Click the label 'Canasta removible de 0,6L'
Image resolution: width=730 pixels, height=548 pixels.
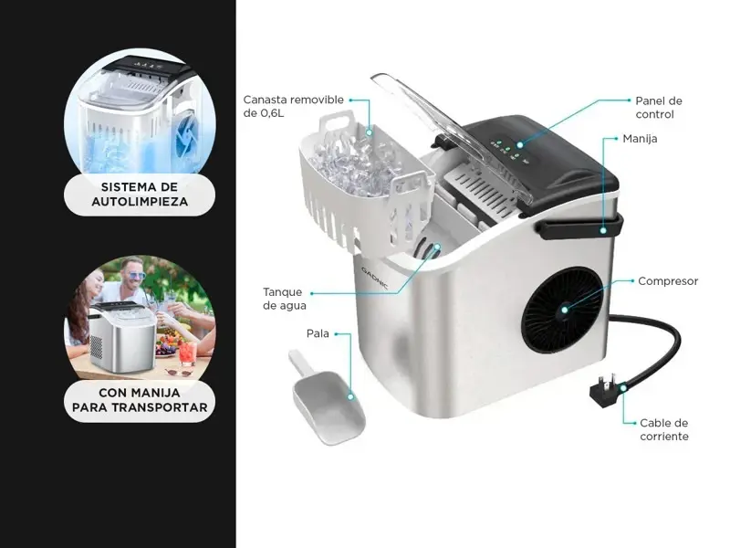pyautogui.click(x=293, y=106)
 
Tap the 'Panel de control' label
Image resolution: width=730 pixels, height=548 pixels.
pyautogui.click(x=658, y=108)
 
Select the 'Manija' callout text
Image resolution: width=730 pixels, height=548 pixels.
pyautogui.click(x=641, y=139)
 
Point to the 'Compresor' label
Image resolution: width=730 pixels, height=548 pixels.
pyautogui.click(x=668, y=281)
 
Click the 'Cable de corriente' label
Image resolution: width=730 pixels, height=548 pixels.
pyautogui.click(x=664, y=429)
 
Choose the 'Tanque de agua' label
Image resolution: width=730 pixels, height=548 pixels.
pyautogui.click(x=284, y=299)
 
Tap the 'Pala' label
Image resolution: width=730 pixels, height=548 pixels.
pyautogui.click(x=318, y=333)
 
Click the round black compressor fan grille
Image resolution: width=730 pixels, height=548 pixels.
pyautogui.click(x=562, y=310)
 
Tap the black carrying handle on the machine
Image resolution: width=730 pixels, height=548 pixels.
pyautogui.click(x=579, y=226)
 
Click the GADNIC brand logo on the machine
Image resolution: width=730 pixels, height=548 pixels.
pyautogui.click(x=375, y=279)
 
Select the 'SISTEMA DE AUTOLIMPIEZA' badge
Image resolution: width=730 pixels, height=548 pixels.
pyautogui.click(x=140, y=195)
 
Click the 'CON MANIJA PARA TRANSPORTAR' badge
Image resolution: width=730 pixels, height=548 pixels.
pyautogui.click(x=140, y=400)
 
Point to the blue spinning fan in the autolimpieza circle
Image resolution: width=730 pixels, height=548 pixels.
pyautogui.click(x=187, y=134)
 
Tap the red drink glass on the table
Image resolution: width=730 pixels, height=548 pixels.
pyautogui.click(x=187, y=353)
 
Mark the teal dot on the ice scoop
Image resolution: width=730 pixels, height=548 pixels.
pyautogui.click(x=350, y=396)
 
